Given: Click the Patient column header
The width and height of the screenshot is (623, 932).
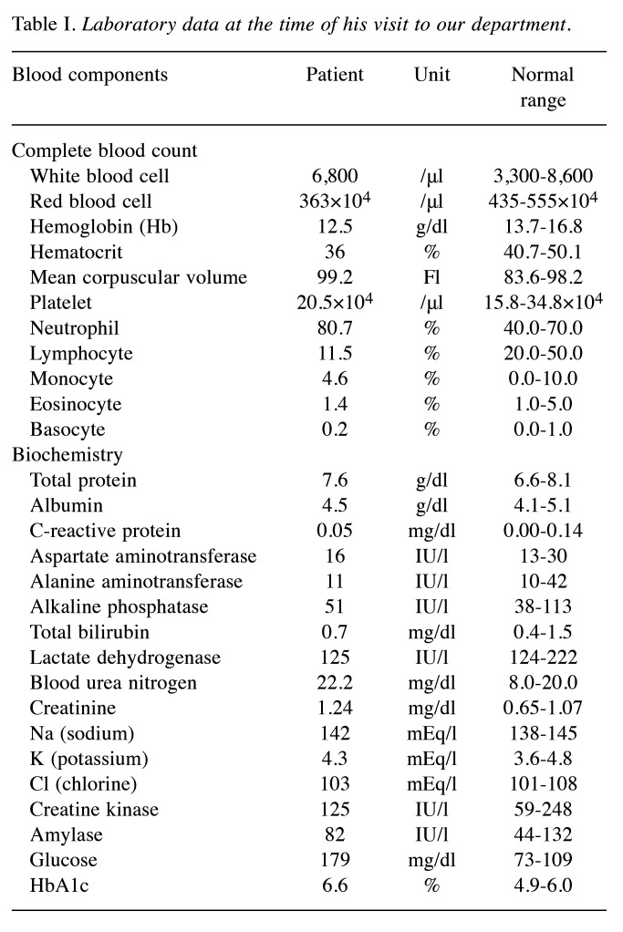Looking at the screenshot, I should (335, 75).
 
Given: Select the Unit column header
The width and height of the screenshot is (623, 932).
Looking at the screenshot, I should (432, 75).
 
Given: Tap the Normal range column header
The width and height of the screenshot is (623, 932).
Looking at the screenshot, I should (542, 87).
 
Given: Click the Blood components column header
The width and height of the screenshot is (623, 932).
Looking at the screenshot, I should (89, 75).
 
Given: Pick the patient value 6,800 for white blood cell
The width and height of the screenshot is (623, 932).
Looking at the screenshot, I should (335, 175).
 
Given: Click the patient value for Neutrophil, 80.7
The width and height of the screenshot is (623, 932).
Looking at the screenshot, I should (335, 326).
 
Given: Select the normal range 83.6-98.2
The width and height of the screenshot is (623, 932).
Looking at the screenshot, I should (542, 276).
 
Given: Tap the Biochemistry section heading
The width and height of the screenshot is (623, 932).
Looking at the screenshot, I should (67, 453).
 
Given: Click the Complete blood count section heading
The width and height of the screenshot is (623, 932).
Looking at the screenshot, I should (105, 150).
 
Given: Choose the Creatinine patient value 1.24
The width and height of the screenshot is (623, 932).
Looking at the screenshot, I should (335, 707).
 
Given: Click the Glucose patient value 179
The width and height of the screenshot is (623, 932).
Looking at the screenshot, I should (335, 859).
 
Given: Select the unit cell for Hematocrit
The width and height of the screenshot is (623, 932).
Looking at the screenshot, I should (432, 251).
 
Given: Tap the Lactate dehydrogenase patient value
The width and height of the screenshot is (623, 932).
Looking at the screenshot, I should (335, 657).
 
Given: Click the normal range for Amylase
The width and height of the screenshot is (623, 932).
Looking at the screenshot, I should (542, 834).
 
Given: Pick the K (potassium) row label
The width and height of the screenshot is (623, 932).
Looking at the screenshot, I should (90, 758).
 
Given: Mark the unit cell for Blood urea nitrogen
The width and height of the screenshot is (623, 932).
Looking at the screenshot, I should (432, 682).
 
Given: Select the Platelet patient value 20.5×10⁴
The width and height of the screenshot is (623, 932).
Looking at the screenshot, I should (335, 301).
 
